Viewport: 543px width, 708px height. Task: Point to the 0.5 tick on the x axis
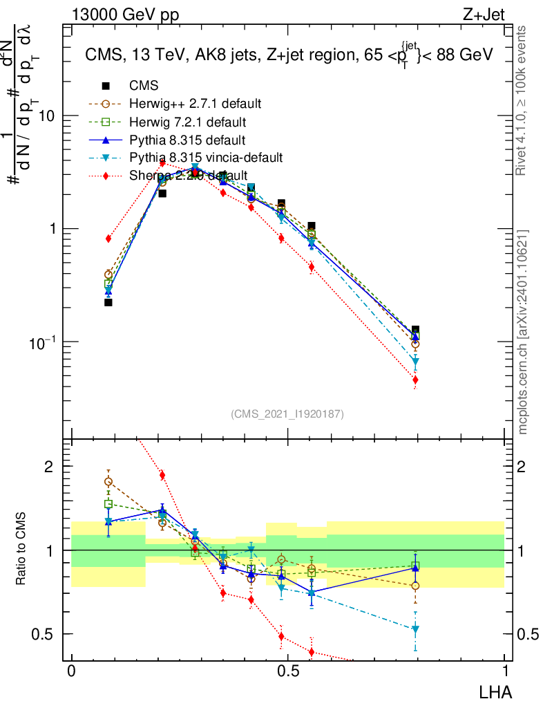(x=288, y=671)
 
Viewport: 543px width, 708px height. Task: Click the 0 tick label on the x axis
(x=71, y=671)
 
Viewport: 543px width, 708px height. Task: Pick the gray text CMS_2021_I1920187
(x=287, y=413)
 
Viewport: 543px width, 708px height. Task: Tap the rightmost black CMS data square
(x=415, y=330)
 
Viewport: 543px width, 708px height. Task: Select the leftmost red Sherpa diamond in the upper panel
(x=108, y=239)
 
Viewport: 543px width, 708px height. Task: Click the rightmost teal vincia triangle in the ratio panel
(x=415, y=629)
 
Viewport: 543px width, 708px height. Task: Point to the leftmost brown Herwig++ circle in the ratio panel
(x=108, y=482)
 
